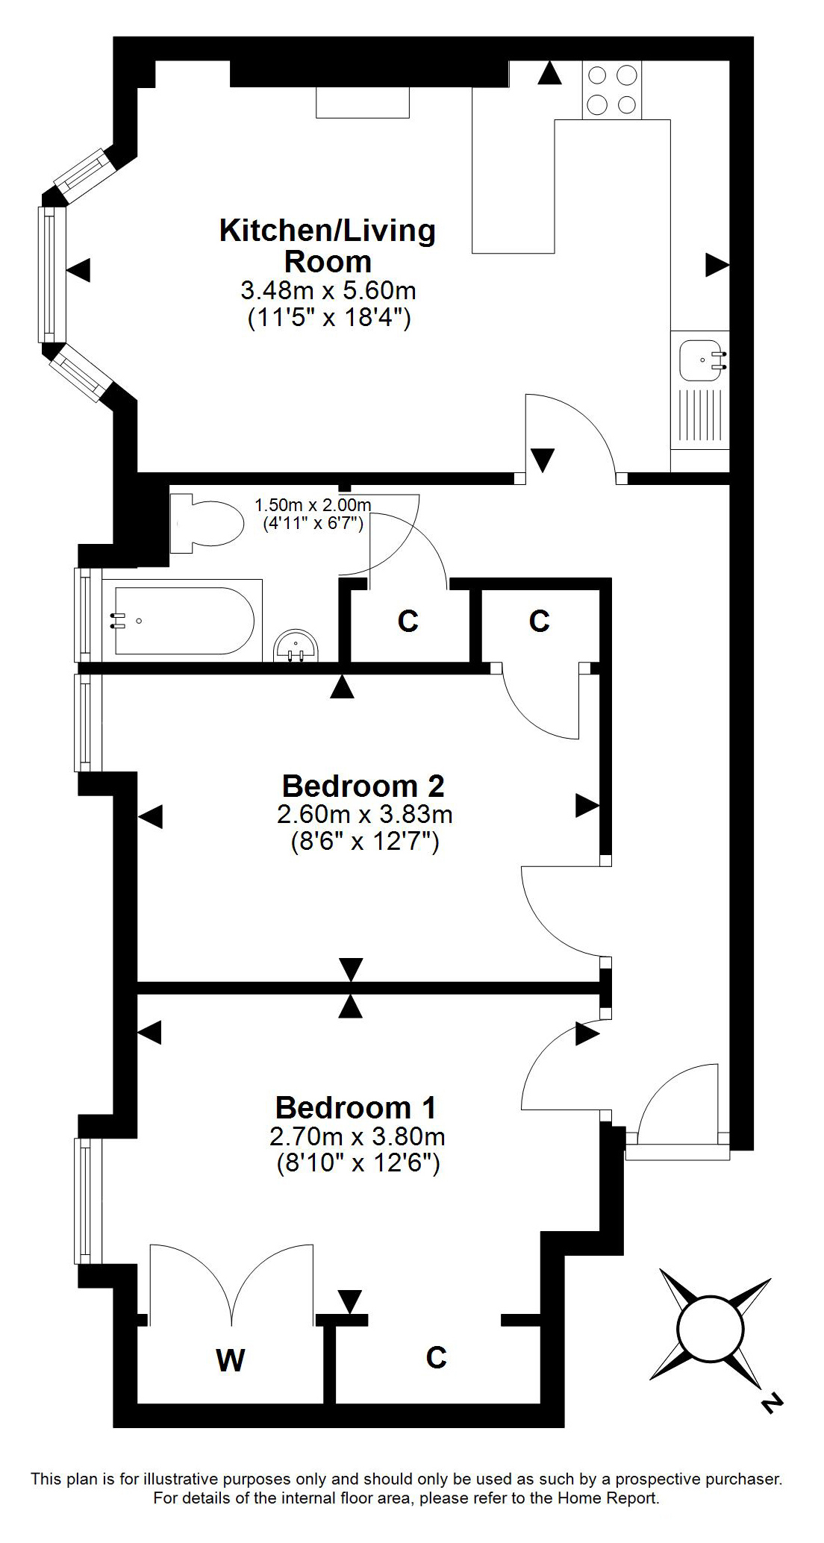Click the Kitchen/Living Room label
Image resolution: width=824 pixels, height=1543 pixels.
coord(327,245)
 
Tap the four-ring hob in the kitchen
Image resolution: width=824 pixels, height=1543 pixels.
coord(612,90)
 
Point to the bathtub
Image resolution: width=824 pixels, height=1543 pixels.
coord(183,620)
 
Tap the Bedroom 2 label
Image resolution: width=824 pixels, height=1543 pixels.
coord(363,786)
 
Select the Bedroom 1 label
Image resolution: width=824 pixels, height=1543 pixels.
coord(356,1108)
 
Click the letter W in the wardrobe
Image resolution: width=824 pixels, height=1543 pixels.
coord(231,1361)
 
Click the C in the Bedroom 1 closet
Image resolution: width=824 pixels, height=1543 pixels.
coord(436,1357)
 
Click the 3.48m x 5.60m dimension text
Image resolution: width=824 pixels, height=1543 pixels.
coord(328,289)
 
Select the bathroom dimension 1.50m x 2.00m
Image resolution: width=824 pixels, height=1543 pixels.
coord(313,505)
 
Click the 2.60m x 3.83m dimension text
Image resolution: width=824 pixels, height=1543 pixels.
coord(364,814)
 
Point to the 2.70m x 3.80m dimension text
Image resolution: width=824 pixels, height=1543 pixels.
coord(357,1137)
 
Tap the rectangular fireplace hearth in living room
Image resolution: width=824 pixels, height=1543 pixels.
coord(363,102)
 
